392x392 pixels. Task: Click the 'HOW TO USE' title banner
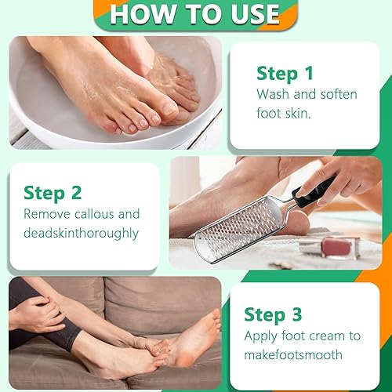tap(194, 14)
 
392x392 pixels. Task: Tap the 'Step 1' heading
tap(285, 73)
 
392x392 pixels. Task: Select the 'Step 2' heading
tap(53, 192)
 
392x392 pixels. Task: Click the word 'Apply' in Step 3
tap(262, 336)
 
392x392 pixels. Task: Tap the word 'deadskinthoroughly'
tap(81, 233)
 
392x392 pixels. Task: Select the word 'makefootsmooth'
tap(293, 354)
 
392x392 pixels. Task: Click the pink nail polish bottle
tap(340, 247)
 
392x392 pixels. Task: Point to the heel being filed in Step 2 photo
tap(294, 222)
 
